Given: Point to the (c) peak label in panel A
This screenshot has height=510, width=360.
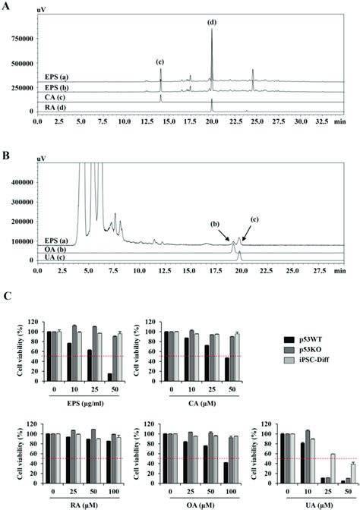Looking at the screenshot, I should click(x=160, y=61).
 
